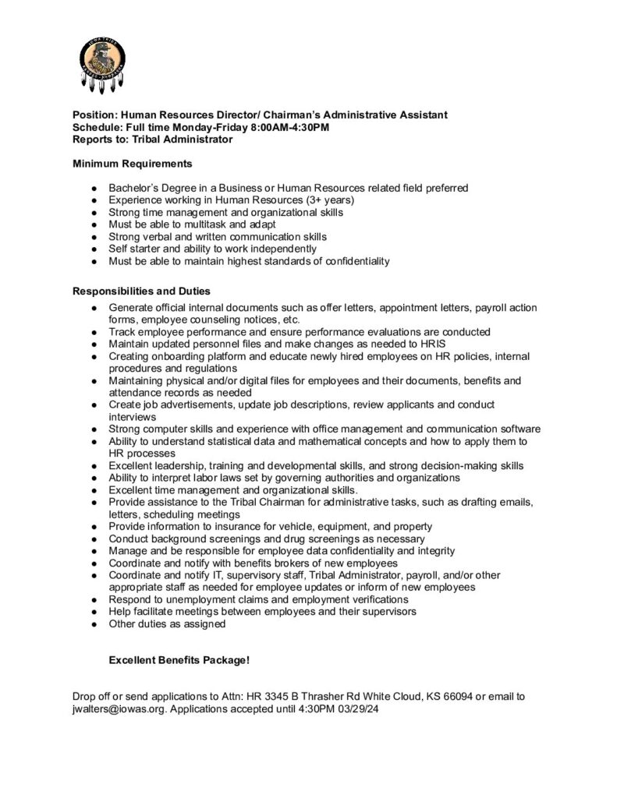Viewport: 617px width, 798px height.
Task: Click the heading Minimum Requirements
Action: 133,164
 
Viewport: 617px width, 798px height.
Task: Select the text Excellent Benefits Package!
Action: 179,660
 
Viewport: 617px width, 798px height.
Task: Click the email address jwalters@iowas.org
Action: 117,710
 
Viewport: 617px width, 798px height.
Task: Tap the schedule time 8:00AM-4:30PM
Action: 275,127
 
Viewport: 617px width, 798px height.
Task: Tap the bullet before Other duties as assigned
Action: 94,623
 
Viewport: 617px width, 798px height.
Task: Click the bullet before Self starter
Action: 94,249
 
